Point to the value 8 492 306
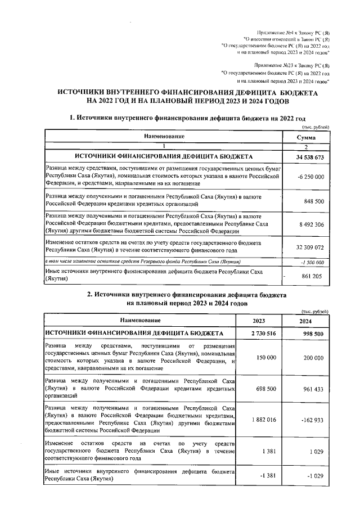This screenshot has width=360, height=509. [309, 224]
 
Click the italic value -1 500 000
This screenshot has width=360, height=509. [310, 262]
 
